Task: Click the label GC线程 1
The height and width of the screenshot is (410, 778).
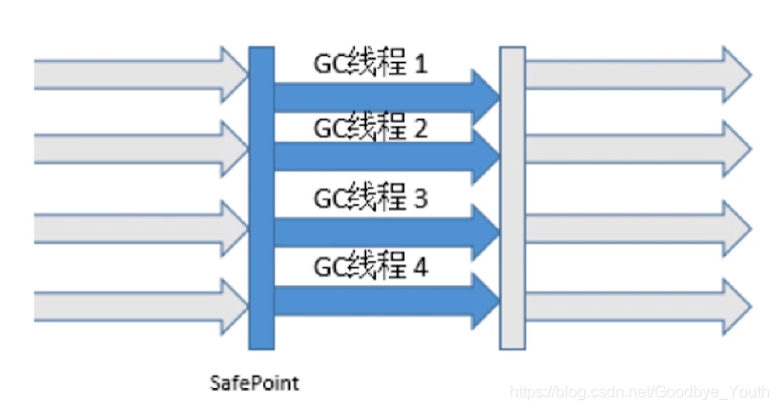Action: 370,66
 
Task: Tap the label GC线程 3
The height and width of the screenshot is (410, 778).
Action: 370,199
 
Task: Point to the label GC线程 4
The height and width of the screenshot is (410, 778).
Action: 370,266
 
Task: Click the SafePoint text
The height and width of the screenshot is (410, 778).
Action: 255,382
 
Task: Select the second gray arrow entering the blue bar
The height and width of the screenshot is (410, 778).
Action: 140,149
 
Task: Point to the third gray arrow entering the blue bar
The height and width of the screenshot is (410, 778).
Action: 140,228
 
